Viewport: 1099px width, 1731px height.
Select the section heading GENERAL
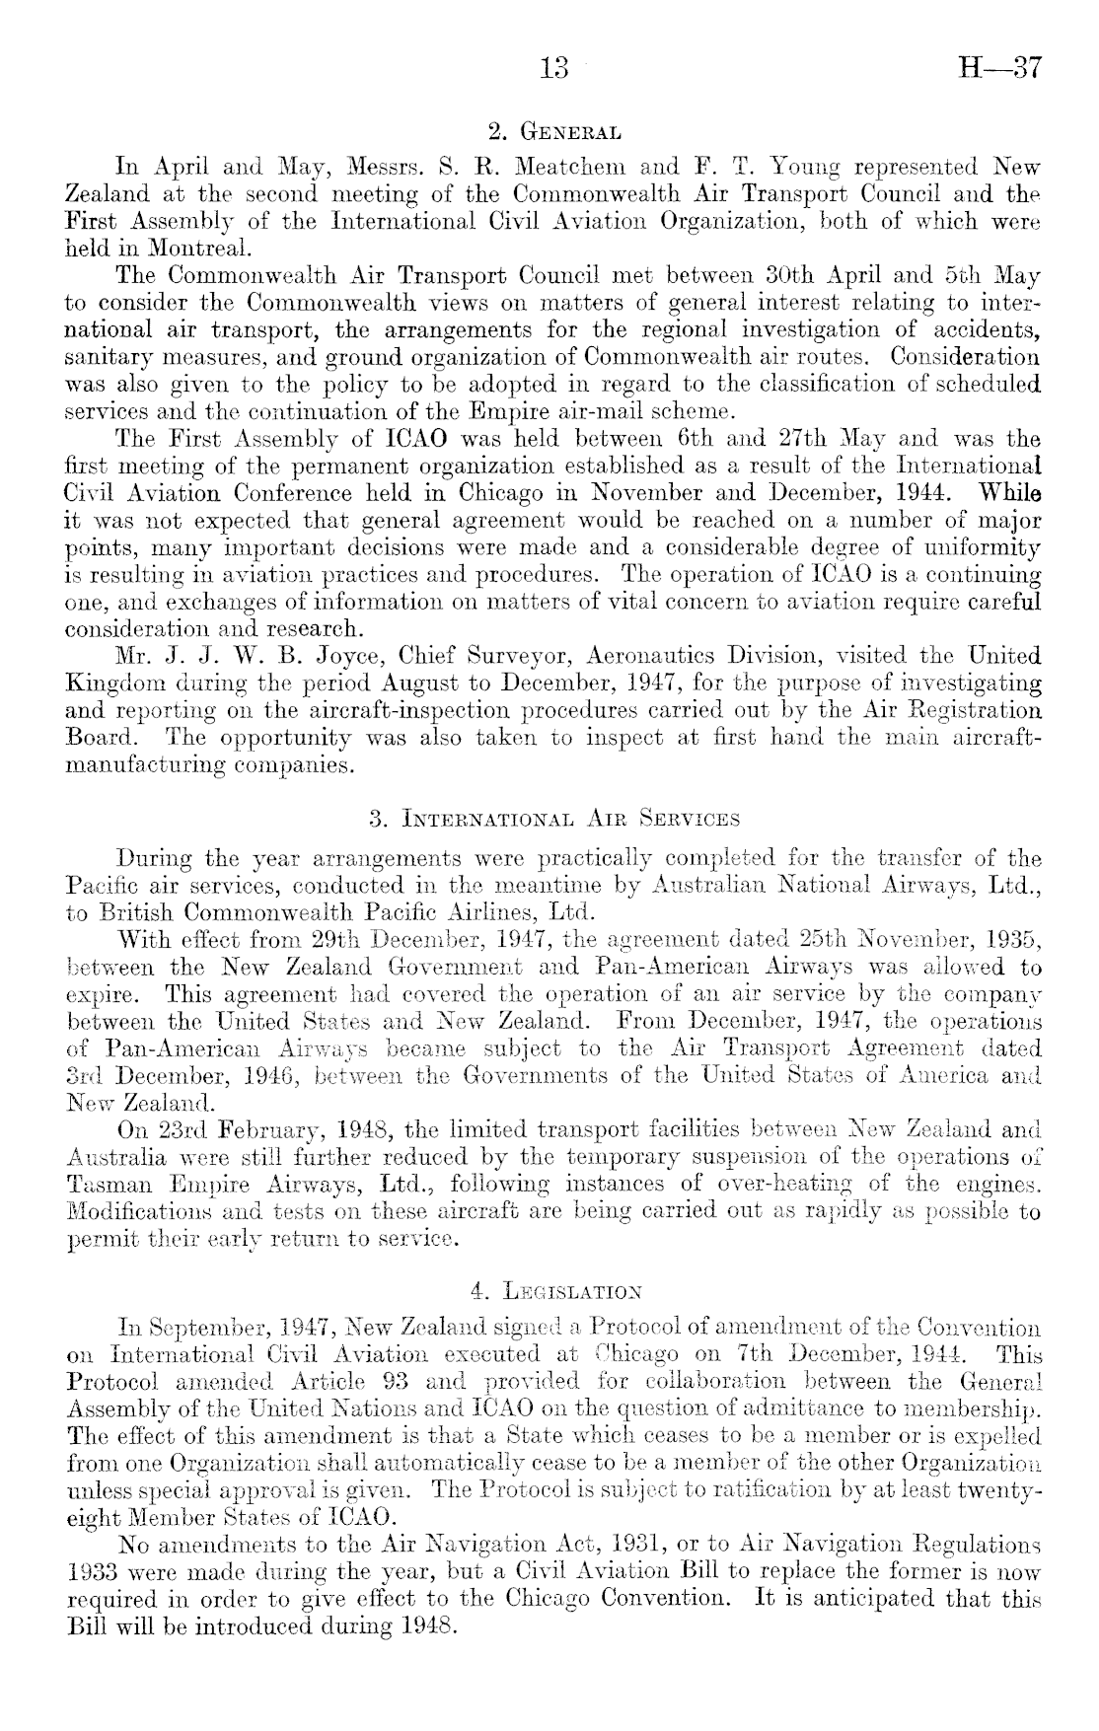pos(570,131)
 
